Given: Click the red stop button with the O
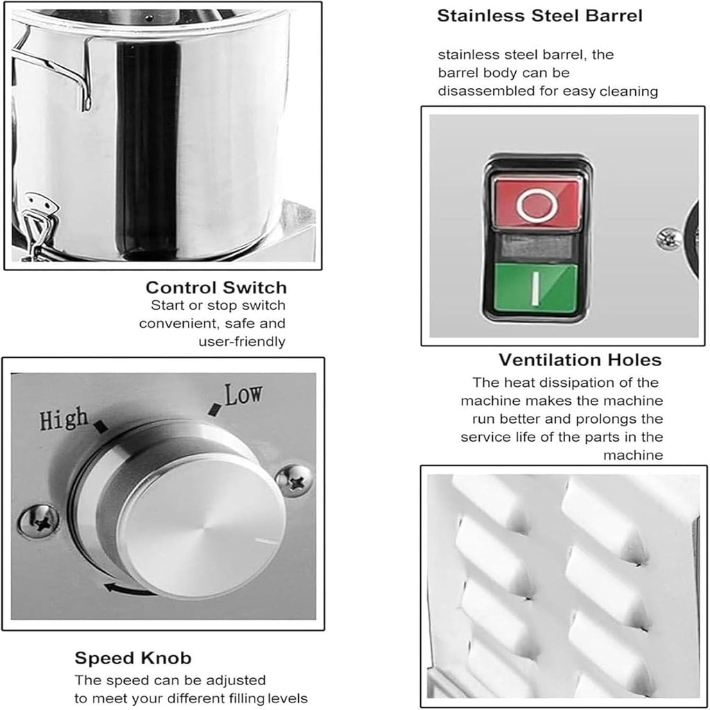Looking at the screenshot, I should [537, 202].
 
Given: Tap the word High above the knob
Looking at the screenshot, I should [63, 419].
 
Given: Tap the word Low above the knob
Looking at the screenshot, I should [243, 395].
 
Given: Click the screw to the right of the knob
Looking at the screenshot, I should [294, 480].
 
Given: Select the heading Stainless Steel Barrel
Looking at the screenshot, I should [539, 16].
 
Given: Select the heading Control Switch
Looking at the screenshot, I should [216, 287].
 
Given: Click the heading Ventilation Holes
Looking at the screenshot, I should [580, 360].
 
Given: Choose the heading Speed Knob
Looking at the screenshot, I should [132, 657].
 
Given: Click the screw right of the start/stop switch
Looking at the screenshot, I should [668, 239].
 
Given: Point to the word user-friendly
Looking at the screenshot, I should [241, 341].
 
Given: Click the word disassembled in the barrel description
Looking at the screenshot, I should [485, 91].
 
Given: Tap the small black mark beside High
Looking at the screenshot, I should [101, 426].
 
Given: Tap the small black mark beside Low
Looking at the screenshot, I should [215, 410].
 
